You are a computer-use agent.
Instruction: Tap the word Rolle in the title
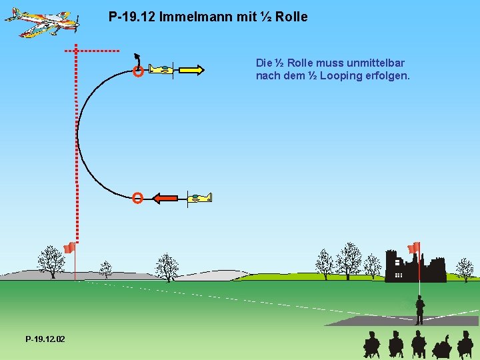tap(291, 17)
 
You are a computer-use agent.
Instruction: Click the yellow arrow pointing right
tap(191, 70)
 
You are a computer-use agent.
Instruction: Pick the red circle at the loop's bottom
tap(137, 197)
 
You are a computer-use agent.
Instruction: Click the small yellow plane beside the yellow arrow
tap(161, 69)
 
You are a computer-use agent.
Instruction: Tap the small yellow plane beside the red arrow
tap(199, 197)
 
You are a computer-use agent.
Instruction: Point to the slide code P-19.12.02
tap(45, 339)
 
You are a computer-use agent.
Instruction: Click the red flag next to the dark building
tap(414, 248)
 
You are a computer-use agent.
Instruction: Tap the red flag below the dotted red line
tap(69, 249)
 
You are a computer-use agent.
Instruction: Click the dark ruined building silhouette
tap(415, 267)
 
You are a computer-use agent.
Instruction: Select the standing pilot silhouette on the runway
tap(419, 310)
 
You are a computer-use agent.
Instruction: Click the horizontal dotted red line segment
tap(93, 50)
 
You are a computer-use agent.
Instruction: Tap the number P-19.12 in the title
tap(131, 17)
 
